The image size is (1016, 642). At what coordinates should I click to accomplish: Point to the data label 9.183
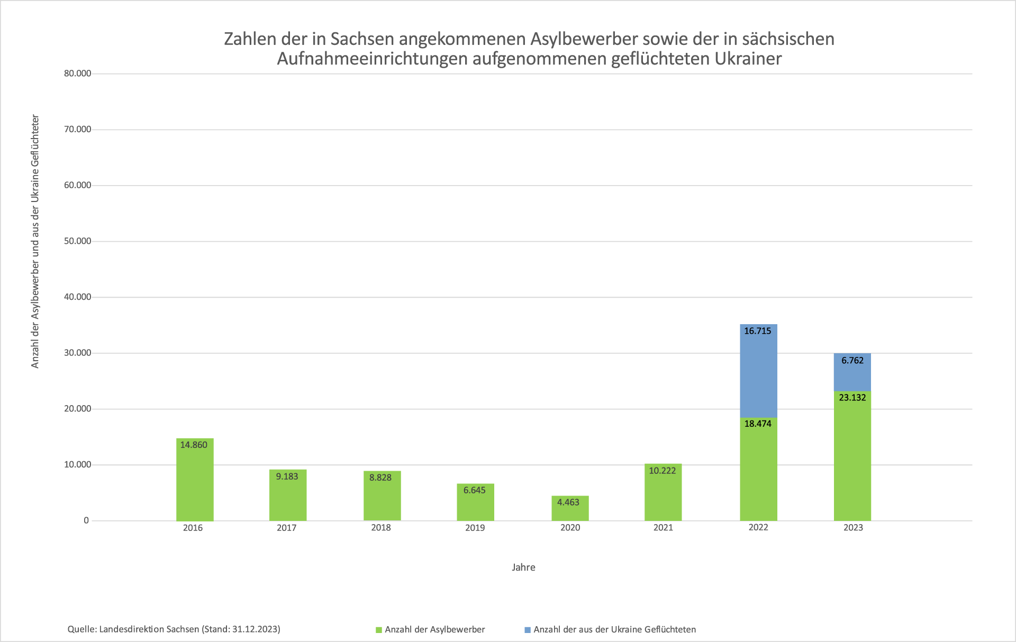[x=287, y=476]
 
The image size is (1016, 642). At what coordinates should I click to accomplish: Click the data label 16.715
[x=758, y=331]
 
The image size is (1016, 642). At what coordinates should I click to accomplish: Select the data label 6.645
[x=475, y=490]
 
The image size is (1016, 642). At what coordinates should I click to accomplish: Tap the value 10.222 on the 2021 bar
[x=663, y=471]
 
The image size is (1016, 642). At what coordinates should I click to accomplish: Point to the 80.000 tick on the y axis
[x=78, y=74]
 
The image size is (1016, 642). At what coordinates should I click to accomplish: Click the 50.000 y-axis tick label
[x=78, y=241]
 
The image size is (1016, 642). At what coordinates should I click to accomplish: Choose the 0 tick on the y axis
[x=86, y=520]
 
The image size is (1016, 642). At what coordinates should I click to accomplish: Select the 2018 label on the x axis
[x=381, y=528]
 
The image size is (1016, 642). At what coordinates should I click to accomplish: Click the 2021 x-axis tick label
[x=663, y=528]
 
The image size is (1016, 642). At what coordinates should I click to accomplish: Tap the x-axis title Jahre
[x=523, y=567]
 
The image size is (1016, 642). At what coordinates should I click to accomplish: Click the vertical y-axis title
[x=35, y=241]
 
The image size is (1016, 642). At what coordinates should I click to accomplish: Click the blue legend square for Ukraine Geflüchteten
[x=528, y=630]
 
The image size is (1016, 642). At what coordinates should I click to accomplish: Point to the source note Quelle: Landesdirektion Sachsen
[x=174, y=629]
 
